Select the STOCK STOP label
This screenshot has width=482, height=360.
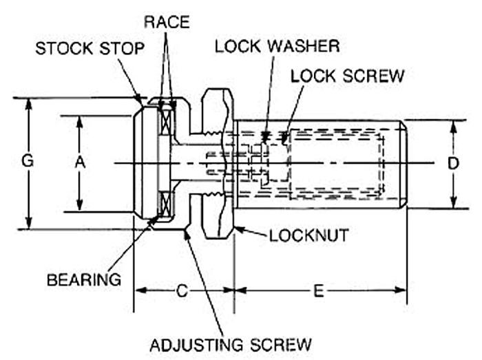pyautogui.click(x=90, y=50)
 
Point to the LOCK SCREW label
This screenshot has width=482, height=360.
pyautogui.click(x=347, y=76)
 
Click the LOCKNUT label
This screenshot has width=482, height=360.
pyautogui.click(x=308, y=235)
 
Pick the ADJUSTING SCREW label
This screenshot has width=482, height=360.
pyautogui.click(x=231, y=343)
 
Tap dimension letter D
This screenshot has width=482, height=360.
pyautogui.click(x=453, y=164)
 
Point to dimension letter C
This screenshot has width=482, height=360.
pyautogui.click(x=182, y=290)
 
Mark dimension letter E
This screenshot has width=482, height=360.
pyautogui.click(x=319, y=290)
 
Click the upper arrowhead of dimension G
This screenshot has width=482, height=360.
pyautogui.click(x=28, y=103)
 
